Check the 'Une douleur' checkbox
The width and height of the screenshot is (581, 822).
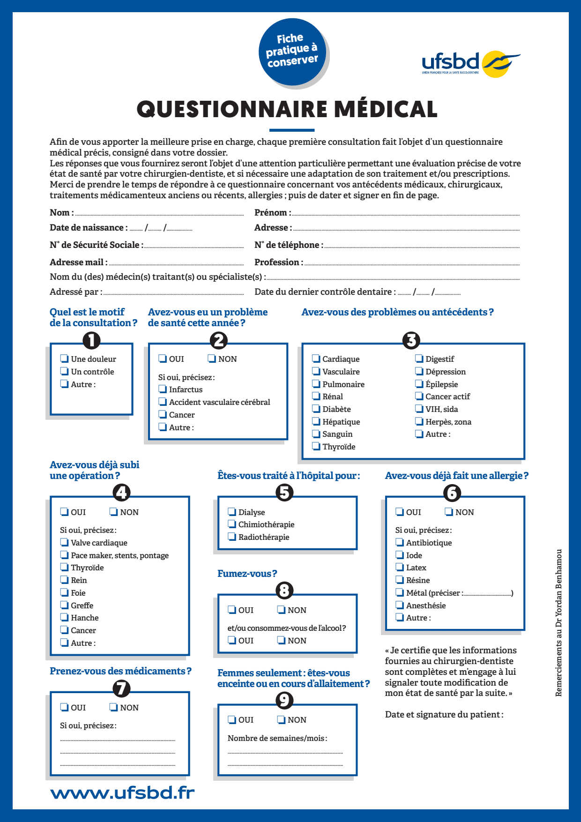point(64,359)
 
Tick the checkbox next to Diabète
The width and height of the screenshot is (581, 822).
point(316,409)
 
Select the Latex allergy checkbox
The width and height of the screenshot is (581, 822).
point(400,567)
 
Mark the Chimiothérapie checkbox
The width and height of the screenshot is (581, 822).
point(232,524)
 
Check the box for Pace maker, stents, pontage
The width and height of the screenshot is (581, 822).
point(64,555)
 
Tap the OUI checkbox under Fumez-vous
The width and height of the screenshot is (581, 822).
point(232,609)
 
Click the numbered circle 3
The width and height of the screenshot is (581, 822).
point(411,340)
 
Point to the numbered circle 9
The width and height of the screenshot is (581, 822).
point(284,700)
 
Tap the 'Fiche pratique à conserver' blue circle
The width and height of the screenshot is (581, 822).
point(292,52)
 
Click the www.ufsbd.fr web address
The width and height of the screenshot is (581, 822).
point(122,793)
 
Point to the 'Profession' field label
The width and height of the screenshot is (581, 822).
point(278,262)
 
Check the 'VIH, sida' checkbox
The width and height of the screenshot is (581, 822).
point(419,409)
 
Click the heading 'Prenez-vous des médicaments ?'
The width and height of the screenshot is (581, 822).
point(120,671)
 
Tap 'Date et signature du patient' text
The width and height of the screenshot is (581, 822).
point(444,714)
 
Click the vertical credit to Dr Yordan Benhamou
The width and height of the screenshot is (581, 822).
point(559,623)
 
